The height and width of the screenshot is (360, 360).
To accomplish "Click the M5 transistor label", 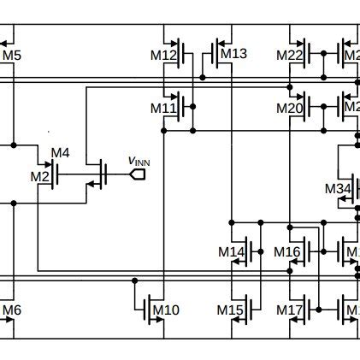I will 12,56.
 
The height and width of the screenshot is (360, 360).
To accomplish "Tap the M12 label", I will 163,56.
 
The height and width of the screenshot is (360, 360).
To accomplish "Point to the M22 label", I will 290,56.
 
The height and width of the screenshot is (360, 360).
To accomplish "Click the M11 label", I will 163,108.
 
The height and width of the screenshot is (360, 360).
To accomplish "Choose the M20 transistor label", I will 290,108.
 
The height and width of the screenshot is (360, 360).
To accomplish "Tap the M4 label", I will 60,154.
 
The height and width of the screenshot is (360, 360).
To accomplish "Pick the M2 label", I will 40,176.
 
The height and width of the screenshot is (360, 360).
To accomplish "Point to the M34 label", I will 339,188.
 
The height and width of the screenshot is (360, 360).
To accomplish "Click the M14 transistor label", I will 232,251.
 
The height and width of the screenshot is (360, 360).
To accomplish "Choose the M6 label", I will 12,310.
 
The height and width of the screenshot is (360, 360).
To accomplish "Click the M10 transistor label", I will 166,310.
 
